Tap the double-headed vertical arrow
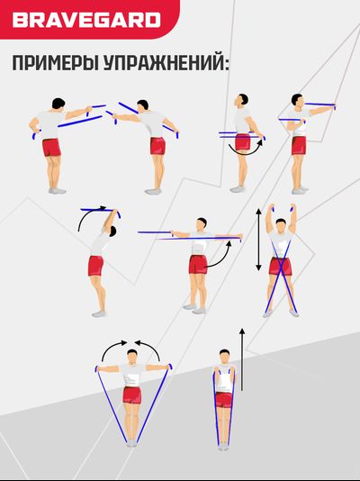[x=259, y=240]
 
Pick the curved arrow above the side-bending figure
[x=91, y=215]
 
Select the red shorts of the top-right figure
[x=297, y=145]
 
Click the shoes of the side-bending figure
[x=100, y=313]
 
